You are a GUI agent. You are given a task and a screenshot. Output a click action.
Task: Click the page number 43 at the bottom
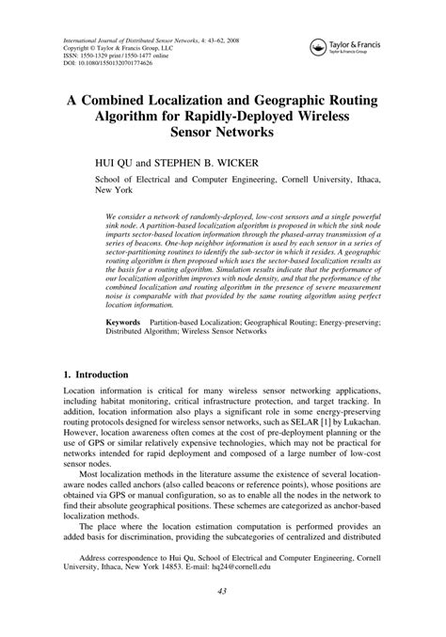click(222, 616)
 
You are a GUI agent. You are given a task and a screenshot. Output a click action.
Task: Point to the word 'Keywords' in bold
click(123, 321)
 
